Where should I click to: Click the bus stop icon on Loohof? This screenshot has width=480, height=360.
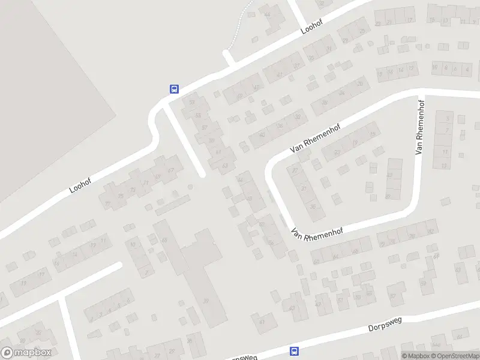pyautogui.click(x=174, y=89)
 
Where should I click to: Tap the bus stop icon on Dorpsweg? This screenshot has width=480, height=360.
pyautogui.click(x=294, y=351)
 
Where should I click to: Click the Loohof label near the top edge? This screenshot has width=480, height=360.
pyautogui.click(x=312, y=27)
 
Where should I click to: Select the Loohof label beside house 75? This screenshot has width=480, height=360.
pyautogui.click(x=79, y=184)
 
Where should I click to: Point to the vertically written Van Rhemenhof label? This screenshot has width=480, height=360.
pyautogui.click(x=421, y=126)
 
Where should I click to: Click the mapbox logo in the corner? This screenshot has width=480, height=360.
pyautogui.click(x=26, y=353)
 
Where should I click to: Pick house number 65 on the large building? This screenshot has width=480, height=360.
pyautogui.click(x=164, y=240)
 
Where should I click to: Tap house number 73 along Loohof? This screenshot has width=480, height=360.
pyautogui.click(x=133, y=190)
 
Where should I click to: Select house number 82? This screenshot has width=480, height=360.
pyautogui.click(x=430, y=232)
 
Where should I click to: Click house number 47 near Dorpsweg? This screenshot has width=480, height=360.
pyautogui.click(x=318, y=304)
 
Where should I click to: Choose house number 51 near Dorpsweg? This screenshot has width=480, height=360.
pyautogui.click(x=341, y=300)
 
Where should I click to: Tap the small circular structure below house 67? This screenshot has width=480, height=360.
pyautogui.click(x=190, y=188)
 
